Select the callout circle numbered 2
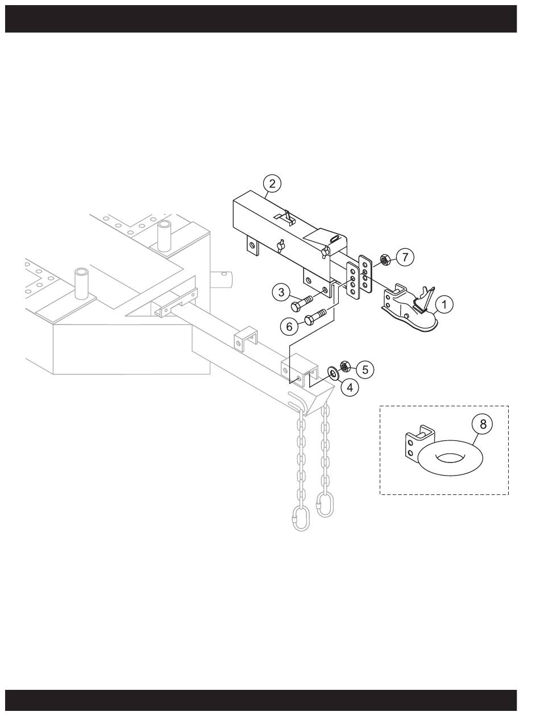[x=272, y=184]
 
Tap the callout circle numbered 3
[x=281, y=292]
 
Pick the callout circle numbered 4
[x=350, y=387]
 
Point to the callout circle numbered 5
[x=365, y=369]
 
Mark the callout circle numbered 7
[x=405, y=257]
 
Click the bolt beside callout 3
[x=302, y=302]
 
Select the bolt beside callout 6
[x=315, y=317]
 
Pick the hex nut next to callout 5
[x=345, y=366]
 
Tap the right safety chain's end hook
[x=325, y=506]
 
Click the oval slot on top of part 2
[x=335, y=239]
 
